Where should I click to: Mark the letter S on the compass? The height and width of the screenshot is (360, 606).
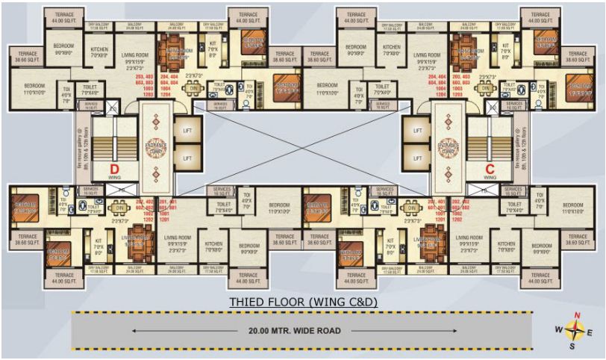coord(573,347)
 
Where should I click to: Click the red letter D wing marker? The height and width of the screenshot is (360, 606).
coord(115,168)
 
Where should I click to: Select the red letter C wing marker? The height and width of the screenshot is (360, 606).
coord(490,168)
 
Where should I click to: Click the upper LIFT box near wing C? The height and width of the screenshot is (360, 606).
coord(417,131)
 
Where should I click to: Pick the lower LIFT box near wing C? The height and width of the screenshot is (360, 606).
coord(417,158)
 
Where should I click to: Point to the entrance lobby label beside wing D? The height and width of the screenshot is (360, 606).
coord(156,147)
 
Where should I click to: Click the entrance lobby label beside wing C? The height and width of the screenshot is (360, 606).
coord(449,147)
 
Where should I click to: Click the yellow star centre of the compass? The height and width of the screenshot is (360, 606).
coord(574,329)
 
